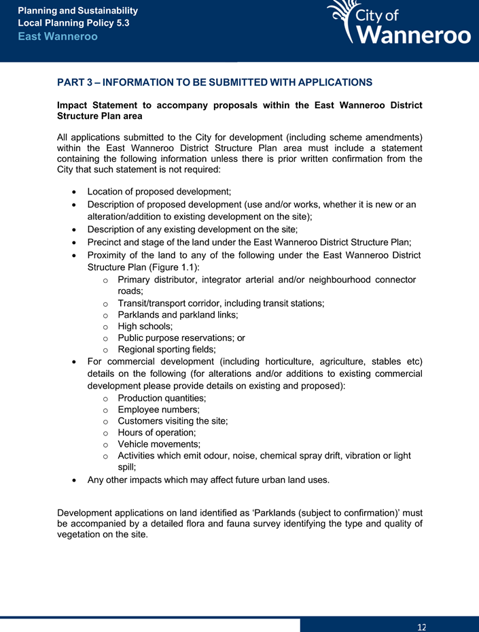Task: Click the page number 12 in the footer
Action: click(x=422, y=626)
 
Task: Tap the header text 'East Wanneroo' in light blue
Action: click(x=58, y=36)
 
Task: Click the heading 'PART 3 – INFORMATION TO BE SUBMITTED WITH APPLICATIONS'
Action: click(x=215, y=82)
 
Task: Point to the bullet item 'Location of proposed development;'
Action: click(x=160, y=193)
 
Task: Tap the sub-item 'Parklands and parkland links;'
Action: click(x=177, y=315)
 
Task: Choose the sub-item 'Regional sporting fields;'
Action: click(x=166, y=349)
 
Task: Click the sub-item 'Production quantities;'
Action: click(x=162, y=397)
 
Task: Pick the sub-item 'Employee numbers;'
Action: click(x=158, y=410)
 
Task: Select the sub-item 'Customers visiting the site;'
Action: click(x=173, y=421)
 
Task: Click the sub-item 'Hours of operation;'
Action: click(x=157, y=433)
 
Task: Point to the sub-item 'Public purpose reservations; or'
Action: click(x=181, y=337)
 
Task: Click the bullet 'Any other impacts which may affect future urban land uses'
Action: click(x=209, y=480)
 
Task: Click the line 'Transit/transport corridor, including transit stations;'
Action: click(x=221, y=303)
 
